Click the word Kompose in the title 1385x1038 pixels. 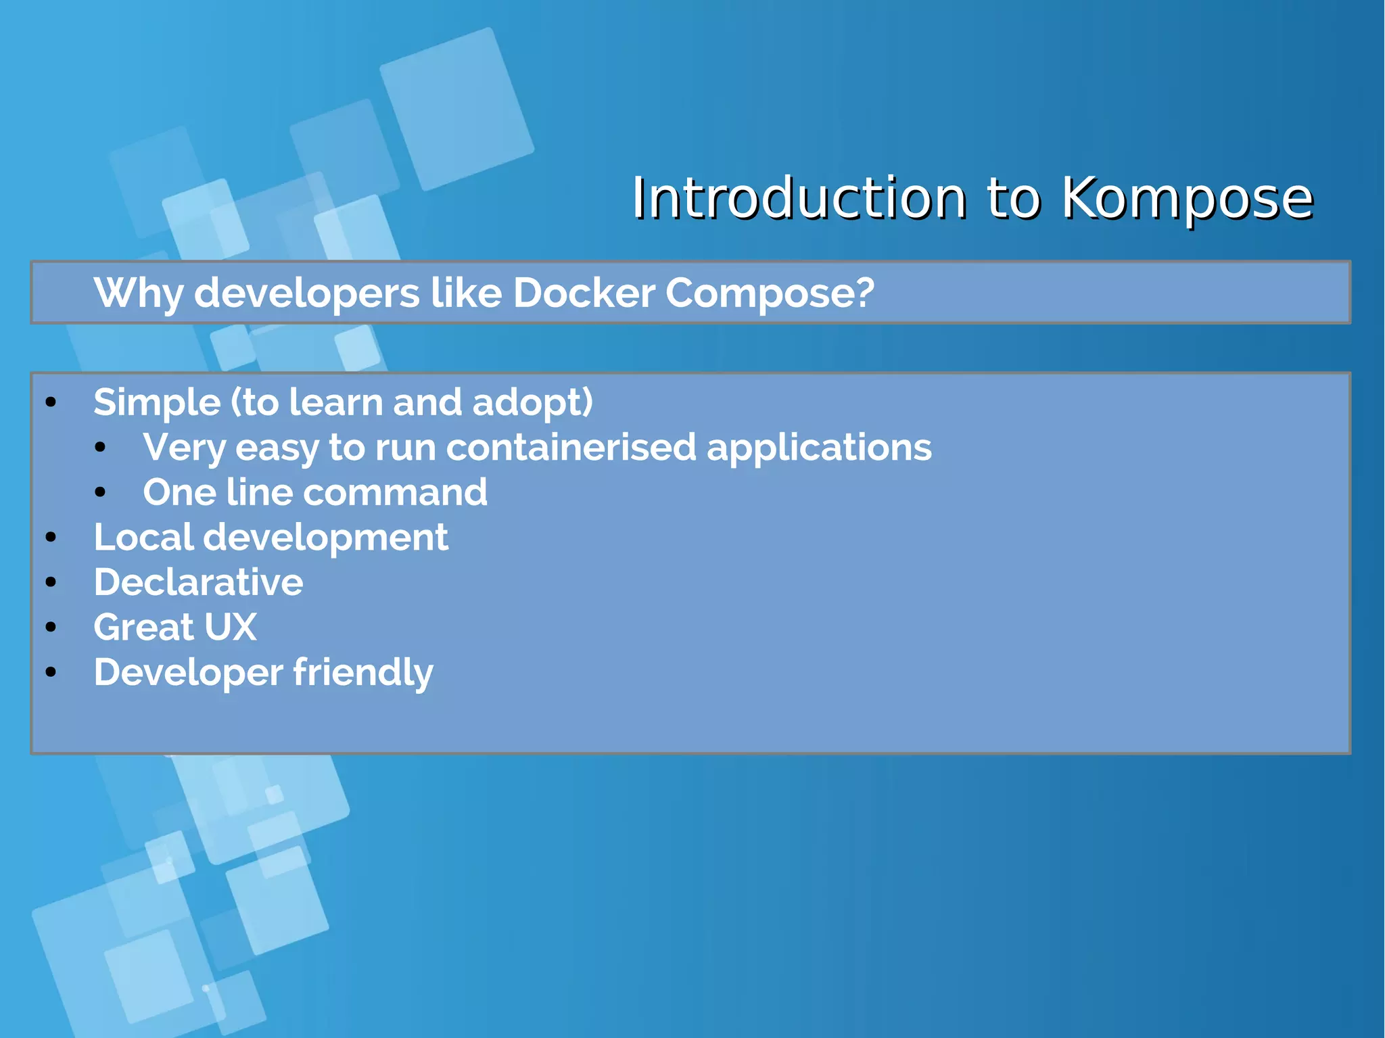coord(1187,198)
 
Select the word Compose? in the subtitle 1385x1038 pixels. coord(770,293)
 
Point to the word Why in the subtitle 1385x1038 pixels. coord(138,293)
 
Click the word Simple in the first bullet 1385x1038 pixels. coord(157,403)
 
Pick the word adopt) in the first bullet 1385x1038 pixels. coord(532,403)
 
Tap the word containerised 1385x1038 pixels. coord(571,448)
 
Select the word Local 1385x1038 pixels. coord(143,538)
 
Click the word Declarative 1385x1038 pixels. coord(198,582)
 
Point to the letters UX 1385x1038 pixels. coord(230,628)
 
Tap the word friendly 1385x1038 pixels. coord(363,673)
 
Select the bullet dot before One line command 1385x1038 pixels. coord(101,492)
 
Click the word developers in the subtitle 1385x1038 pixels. coord(307,293)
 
